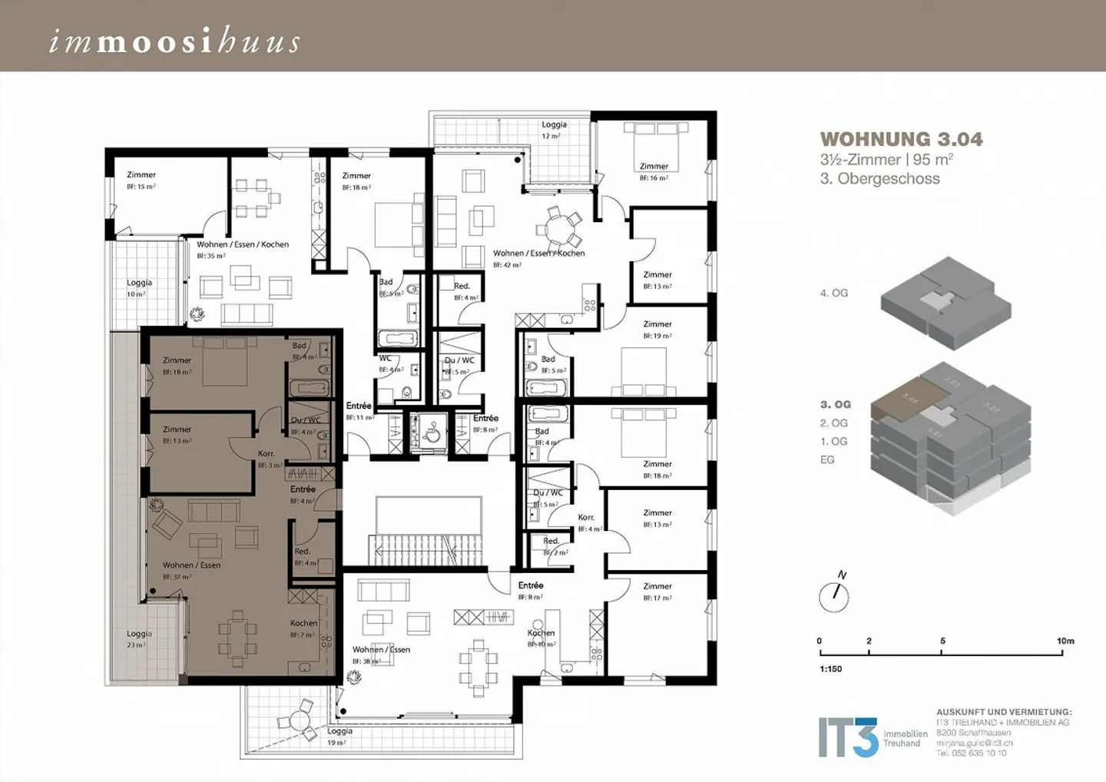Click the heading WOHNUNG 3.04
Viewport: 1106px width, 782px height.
click(901, 139)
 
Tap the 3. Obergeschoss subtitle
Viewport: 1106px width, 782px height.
click(879, 179)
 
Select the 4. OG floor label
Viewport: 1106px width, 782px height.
click(833, 293)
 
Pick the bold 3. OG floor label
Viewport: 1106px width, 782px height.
click(835, 404)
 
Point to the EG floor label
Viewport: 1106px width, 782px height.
click(826, 459)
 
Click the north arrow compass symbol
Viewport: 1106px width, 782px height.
click(834, 595)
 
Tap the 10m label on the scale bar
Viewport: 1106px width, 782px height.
click(1065, 641)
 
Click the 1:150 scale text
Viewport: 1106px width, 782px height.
click(829, 669)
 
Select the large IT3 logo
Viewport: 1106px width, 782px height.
click(847, 737)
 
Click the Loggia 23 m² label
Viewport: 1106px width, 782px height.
click(139, 638)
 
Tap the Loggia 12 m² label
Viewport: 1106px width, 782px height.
click(553, 129)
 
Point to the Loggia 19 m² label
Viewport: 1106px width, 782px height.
click(339, 737)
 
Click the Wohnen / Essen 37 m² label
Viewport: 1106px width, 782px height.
click(191, 570)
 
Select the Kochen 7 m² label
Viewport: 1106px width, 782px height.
click(303, 628)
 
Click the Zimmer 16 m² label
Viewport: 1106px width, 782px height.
click(654, 171)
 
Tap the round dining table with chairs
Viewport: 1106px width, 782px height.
click(559, 227)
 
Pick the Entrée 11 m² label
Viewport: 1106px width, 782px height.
click(359, 411)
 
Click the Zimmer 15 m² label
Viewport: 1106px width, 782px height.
click(141, 180)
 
